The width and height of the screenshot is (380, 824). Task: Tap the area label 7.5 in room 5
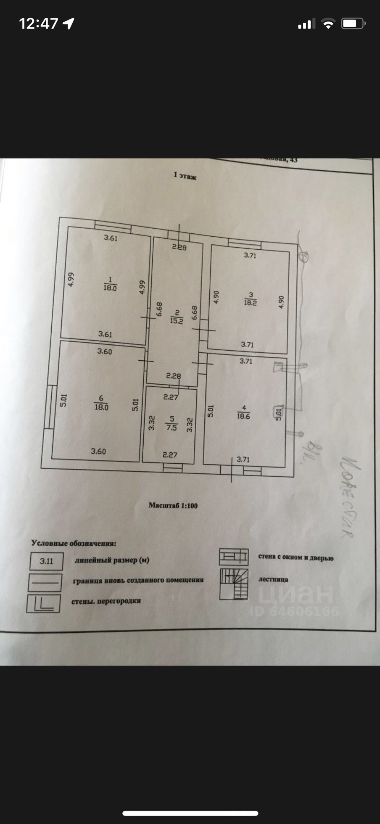(172, 428)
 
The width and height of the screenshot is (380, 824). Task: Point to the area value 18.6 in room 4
(243, 416)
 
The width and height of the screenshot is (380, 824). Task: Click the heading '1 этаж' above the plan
(185, 176)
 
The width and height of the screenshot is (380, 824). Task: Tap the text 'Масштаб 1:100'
(173, 505)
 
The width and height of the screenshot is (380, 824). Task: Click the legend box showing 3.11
(47, 561)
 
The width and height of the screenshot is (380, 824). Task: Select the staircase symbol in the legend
(234, 584)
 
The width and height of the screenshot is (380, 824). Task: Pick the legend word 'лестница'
(273, 579)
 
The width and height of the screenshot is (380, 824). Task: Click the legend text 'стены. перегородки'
(106, 601)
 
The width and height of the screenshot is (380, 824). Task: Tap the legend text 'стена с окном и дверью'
(296, 557)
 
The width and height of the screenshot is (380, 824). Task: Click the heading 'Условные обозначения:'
(74, 543)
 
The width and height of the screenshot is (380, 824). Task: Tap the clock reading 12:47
(38, 24)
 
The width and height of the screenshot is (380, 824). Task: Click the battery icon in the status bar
(353, 24)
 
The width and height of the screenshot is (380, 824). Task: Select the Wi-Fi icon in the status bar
(328, 24)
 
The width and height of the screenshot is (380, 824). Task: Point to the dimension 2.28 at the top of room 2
(179, 247)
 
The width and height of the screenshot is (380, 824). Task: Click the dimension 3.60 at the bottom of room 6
(98, 451)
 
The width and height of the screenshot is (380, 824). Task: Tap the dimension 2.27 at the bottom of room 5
(170, 454)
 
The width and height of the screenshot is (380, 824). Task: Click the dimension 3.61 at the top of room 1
(111, 238)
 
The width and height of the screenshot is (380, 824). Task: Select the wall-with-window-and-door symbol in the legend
(234, 557)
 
